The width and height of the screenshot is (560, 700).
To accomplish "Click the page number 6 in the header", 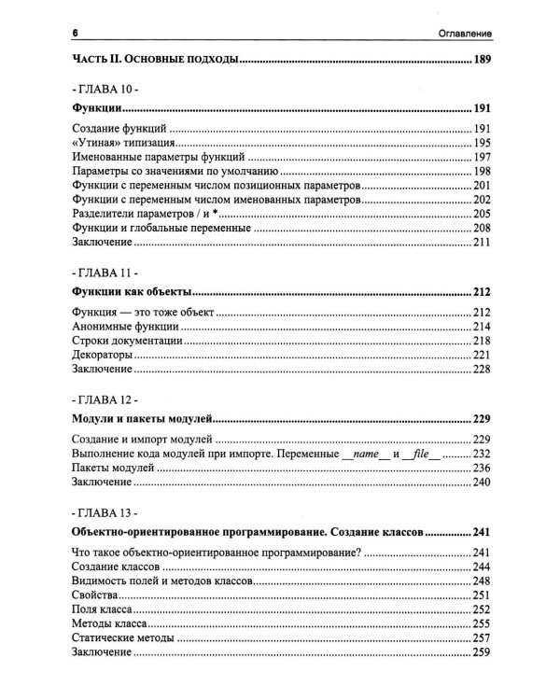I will click(74, 35).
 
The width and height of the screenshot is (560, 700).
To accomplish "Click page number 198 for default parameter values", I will click(482, 172).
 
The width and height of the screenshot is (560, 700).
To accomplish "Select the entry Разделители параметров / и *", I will click(138, 214).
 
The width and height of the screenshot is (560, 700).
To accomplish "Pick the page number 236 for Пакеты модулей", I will click(482, 468).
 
